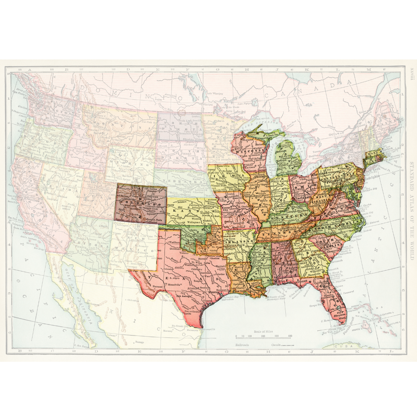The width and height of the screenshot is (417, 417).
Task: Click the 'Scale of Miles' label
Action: coord(263,332)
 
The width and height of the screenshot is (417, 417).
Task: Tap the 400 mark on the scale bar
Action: coord(290,336)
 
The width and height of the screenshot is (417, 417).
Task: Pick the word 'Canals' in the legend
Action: coord(276,344)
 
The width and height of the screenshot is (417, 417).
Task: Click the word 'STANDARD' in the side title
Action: coord(412,175)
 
